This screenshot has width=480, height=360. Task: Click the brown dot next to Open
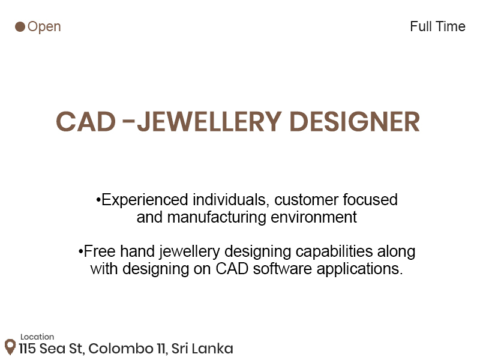click(20, 26)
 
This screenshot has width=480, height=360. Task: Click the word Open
click(44, 27)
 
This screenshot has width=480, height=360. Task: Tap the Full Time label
click(437, 26)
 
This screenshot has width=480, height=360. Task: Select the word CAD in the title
click(86, 122)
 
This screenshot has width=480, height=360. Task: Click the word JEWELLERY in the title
click(209, 122)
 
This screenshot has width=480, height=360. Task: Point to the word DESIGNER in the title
click(355, 122)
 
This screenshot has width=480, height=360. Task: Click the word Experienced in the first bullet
click(145, 200)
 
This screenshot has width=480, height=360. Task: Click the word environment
click(314, 217)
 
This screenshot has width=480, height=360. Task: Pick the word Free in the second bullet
click(100, 251)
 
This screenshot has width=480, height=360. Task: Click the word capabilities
click(334, 252)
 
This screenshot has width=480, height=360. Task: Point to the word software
click(283, 269)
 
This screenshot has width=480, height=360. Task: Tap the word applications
click(359, 269)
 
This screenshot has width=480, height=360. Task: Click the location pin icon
click(10, 347)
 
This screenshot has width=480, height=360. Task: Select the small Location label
click(37, 337)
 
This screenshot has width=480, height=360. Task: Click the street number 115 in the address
click(27, 349)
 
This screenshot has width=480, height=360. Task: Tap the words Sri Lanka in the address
click(202, 349)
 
